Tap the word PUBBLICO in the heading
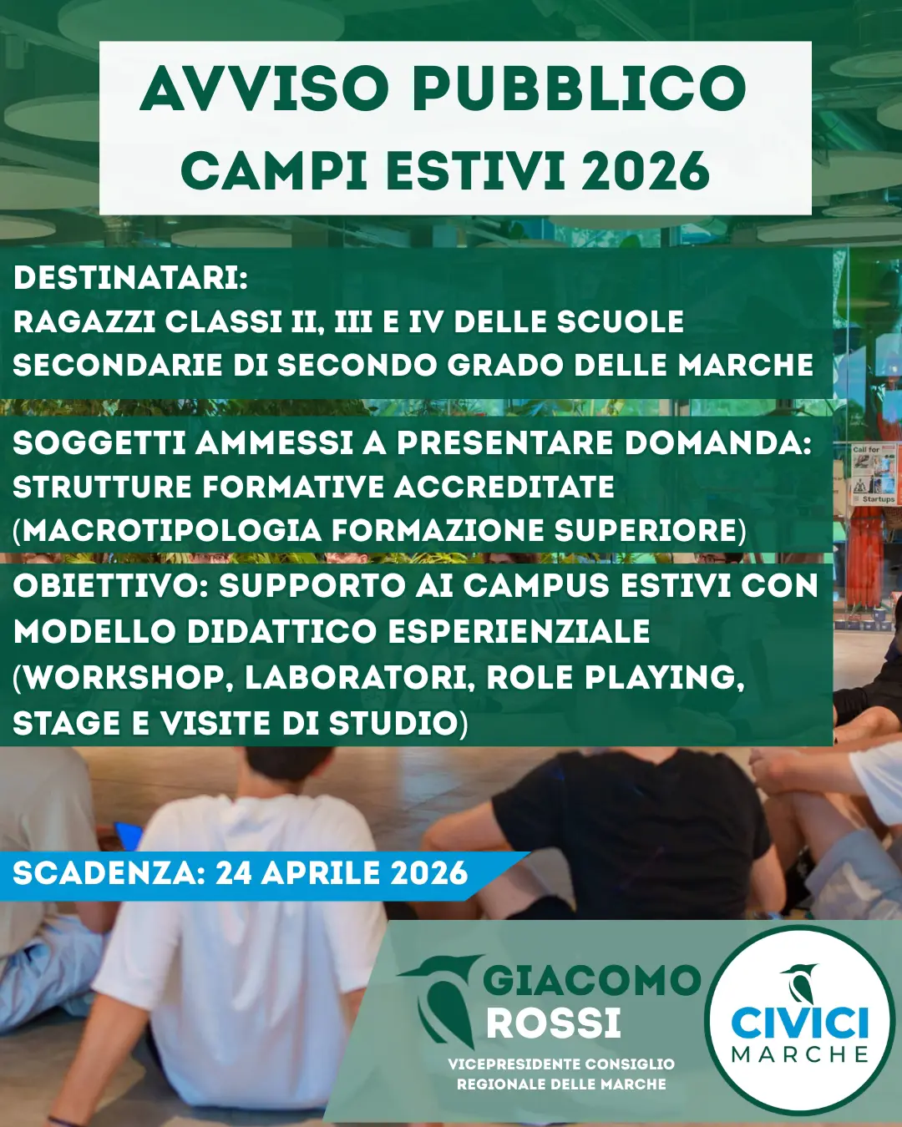579,88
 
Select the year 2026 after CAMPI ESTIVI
646,171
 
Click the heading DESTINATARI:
130,278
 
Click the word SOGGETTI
99,443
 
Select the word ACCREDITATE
504,487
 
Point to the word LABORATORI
360,677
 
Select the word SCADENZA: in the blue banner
109,873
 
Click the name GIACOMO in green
591,980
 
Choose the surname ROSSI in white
554,1023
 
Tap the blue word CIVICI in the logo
799,1023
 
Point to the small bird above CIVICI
801,983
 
